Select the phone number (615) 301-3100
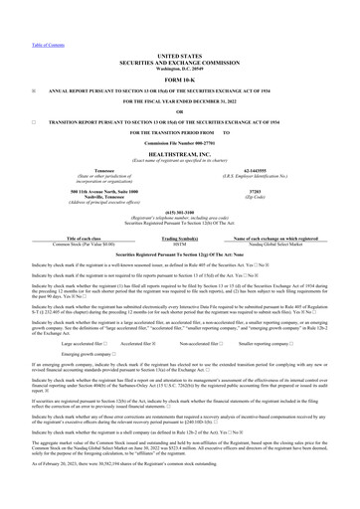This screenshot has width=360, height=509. pyautogui.click(x=179, y=224)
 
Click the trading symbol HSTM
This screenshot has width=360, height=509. pyautogui.click(x=179, y=246)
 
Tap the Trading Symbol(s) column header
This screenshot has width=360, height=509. pyautogui.click(x=179, y=240)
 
